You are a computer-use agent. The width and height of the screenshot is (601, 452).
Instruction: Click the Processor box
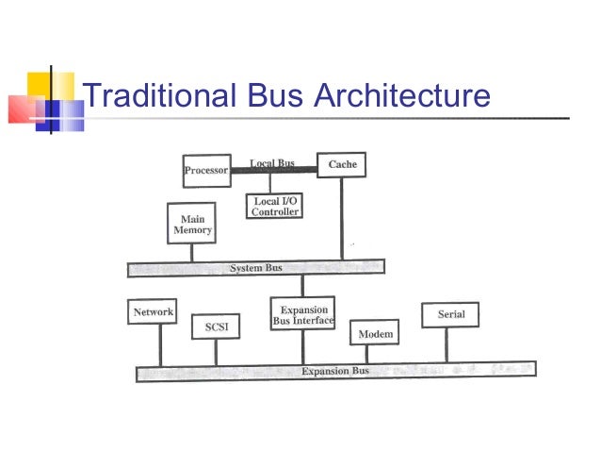pyautogui.click(x=206, y=171)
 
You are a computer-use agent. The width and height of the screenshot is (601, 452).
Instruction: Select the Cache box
pyautogui.click(x=342, y=165)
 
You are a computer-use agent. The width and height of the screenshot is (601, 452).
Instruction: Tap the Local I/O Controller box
pyautogui.click(x=276, y=207)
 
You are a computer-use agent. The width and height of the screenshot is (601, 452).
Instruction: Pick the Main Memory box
pyautogui.click(x=192, y=225)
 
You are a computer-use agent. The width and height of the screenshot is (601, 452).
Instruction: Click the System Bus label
pyautogui.click(x=256, y=269)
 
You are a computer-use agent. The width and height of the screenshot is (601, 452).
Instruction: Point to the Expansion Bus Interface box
pyautogui.click(x=303, y=315)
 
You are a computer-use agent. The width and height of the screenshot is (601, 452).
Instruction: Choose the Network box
pyautogui.click(x=153, y=312)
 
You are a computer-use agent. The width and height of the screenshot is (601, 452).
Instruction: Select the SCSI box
pyautogui.click(x=216, y=327)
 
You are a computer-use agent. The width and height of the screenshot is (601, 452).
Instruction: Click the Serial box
pyautogui.click(x=451, y=314)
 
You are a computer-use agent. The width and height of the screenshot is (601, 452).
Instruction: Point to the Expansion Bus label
pyautogui.click(x=335, y=371)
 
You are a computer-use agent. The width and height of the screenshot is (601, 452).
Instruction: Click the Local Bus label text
pyautogui.click(x=272, y=163)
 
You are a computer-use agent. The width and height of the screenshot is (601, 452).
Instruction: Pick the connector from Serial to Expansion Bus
pyautogui.click(x=447, y=344)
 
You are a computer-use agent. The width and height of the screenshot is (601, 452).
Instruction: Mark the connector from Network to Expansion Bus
pyautogui.click(x=160, y=344)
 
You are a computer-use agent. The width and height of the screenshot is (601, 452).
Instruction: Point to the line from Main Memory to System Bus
pyautogui.click(x=191, y=252)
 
